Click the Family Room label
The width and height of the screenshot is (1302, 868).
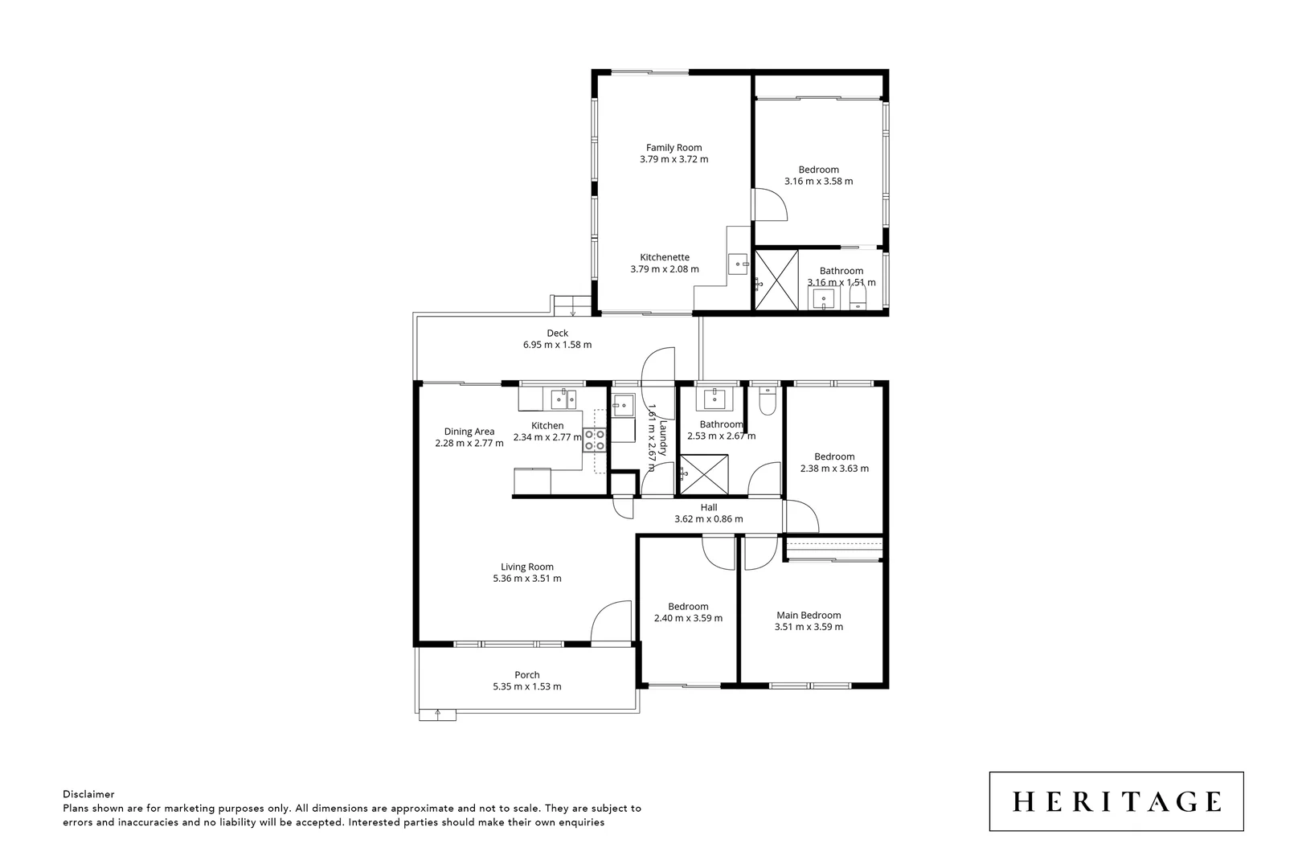click(x=674, y=148)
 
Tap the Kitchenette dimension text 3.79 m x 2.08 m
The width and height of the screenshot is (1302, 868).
click(x=664, y=269)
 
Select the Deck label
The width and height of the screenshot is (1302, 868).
click(x=557, y=333)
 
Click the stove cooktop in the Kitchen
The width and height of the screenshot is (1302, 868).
click(x=595, y=440)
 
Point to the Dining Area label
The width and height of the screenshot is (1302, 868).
click(x=469, y=432)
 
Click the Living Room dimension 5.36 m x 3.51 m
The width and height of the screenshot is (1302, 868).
click(x=526, y=579)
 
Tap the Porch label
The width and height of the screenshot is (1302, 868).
click(x=526, y=675)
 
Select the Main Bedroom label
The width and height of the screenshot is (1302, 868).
click(x=808, y=616)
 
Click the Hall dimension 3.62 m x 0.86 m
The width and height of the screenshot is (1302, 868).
click(x=708, y=519)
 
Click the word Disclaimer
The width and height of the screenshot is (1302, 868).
click(x=88, y=794)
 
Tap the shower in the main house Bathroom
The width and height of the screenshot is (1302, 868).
click(x=704, y=475)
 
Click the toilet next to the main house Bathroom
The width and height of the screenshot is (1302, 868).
click(x=768, y=401)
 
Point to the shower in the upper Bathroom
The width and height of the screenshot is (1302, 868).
click(x=776, y=280)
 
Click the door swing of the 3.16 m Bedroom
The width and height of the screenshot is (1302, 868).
click(x=770, y=204)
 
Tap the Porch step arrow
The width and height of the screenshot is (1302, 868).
click(x=437, y=714)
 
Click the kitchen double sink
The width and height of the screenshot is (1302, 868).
click(x=563, y=398)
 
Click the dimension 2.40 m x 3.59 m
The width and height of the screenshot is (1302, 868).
click(x=687, y=619)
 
